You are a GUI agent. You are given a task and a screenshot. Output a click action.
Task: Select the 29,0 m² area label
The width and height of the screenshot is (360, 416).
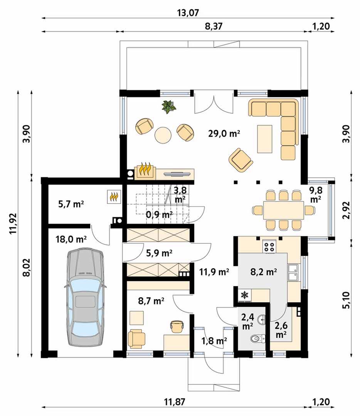[x=224, y=133]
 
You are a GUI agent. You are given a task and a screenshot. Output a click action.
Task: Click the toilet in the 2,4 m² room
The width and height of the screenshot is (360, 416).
[x=257, y=338]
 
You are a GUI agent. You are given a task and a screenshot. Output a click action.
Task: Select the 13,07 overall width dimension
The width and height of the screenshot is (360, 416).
[x=188, y=13]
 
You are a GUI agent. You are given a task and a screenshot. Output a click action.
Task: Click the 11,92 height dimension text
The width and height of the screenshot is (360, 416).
[x=13, y=223]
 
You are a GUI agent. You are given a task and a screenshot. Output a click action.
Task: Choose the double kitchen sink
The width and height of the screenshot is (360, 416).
[x=293, y=272]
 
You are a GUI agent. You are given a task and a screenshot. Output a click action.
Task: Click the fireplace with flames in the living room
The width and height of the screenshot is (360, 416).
[x=146, y=171]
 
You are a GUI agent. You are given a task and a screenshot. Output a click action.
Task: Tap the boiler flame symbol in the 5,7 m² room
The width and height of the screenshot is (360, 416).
[x=114, y=196]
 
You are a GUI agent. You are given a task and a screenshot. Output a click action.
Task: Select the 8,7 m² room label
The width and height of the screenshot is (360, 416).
[x=151, y=301]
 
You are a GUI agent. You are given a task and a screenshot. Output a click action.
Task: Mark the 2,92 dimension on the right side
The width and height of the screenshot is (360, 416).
[x=347, y=210]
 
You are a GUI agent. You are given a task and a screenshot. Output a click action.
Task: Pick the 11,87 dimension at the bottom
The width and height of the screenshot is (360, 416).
[x=174, y=402]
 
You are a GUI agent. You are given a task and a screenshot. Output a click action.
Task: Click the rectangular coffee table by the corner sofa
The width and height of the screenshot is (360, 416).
[x=265, y=139]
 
